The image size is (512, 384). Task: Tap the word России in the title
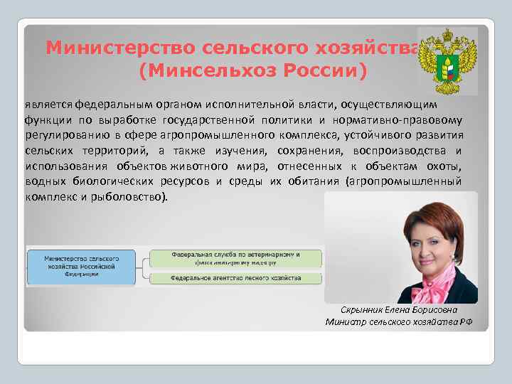[x=316, y=71]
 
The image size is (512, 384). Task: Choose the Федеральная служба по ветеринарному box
[x=235, y=257]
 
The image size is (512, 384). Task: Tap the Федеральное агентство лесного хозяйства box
[x=235, y=278]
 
